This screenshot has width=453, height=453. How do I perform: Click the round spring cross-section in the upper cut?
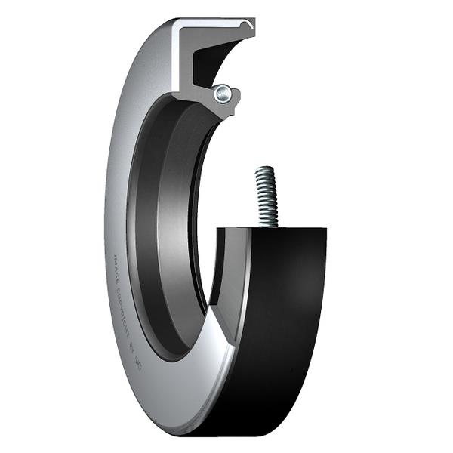tap(221, 94)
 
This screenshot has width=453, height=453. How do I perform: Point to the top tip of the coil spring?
tap(262, 169)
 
